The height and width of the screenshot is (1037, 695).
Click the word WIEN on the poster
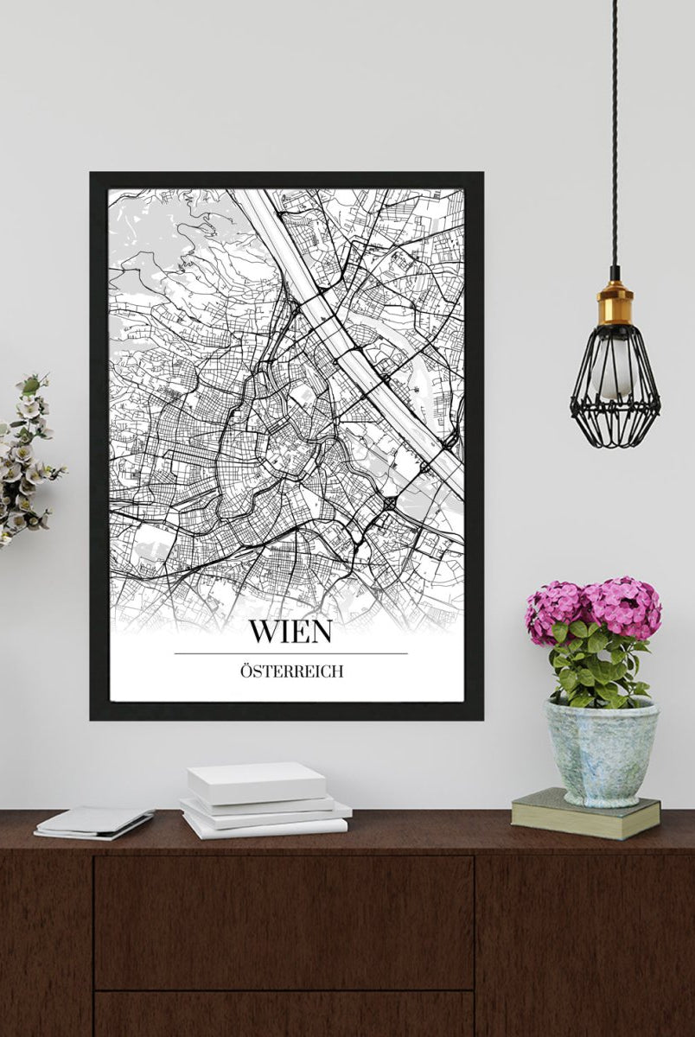click(x=290, y=631)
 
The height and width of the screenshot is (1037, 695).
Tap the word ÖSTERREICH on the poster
click(x=290, y=671)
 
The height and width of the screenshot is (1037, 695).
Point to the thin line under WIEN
click(x=290, y=653)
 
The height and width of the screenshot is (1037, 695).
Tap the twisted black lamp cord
click(x=615, y=130)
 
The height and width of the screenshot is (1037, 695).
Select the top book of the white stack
click(x=257, y=782)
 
